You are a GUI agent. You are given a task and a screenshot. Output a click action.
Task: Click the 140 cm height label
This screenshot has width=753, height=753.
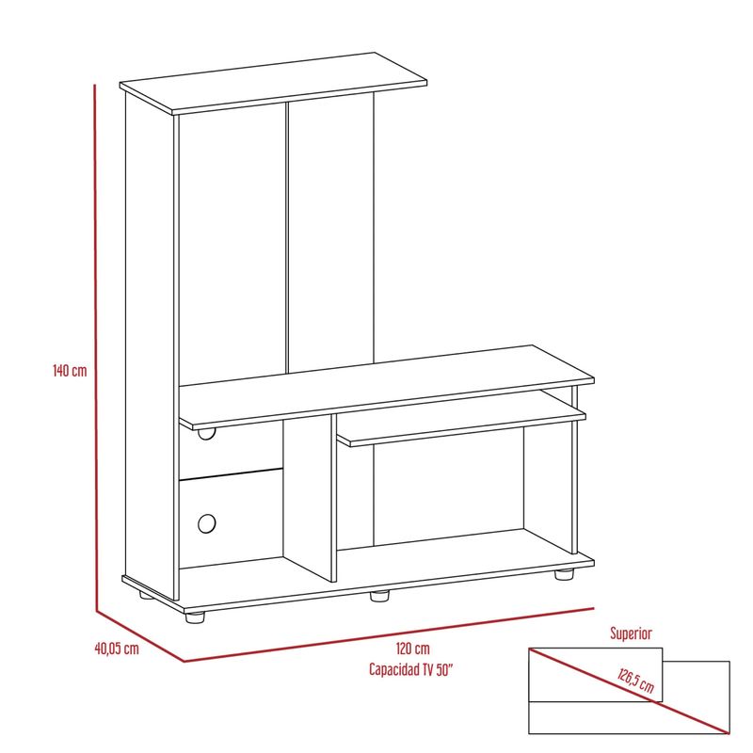[x=70, y=370]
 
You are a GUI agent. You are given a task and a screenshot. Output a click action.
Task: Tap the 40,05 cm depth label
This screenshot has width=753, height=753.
[x=117, y=649]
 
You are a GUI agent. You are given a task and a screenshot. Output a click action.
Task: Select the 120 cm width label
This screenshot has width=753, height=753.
[x=413, y=649]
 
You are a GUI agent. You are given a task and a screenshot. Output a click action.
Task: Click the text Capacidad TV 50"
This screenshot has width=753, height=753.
[x=411, y=669]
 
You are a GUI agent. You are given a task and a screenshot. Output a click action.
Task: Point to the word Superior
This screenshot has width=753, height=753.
[x=631, y=633]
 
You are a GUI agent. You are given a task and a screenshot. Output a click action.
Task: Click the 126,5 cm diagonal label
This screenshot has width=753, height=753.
[x=635, y=680]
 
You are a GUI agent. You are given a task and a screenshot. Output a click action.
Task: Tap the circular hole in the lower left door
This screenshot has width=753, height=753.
[x=206, y=523]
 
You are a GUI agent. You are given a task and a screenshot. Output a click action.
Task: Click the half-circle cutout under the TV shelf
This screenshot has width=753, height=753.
[x=206, y=434]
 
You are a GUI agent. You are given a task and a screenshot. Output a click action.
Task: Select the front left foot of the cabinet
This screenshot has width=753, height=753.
[x=195, y=617]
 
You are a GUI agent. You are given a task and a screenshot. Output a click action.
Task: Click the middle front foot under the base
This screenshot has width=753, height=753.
[x=380, y=596]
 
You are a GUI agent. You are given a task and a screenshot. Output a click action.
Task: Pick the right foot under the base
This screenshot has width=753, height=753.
[x=564, y=574]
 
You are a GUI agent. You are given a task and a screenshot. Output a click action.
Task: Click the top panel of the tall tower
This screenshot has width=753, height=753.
[x=273, y=83]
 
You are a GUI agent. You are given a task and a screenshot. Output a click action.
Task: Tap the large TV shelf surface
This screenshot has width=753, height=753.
[x=387, y=387]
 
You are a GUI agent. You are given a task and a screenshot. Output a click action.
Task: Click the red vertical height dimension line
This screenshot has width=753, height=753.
[x=96, y=348]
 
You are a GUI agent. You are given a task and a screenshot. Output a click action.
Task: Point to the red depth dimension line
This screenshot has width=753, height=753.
[x=139, y=636]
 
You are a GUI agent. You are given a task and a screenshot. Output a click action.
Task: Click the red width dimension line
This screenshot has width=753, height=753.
[x=389, y=634]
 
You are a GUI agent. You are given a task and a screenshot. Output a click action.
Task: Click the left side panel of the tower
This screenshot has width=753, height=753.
[x=150, y=345]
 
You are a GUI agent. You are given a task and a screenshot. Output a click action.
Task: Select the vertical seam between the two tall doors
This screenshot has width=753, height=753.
[x=287, y=237]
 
